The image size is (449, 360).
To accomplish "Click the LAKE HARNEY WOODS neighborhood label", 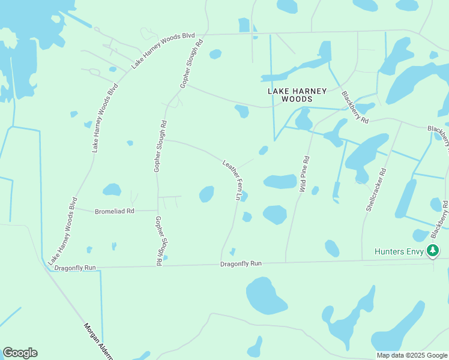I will tap(297, 95).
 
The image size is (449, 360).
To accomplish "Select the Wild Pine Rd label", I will tap(304, 174).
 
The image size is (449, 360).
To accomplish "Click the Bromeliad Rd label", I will tap(115, 211).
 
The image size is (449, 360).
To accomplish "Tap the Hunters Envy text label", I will tap(399, 251).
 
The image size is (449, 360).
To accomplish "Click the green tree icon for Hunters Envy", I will tap(433, 251).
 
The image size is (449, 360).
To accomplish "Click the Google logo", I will tap(20, 353).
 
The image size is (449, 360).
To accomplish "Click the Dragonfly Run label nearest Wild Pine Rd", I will tap(241, 263).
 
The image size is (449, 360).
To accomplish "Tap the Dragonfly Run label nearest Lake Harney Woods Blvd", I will tap(74, 267).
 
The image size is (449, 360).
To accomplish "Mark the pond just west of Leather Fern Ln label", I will tap(206, 194).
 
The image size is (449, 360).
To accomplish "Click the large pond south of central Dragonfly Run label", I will tap(267, 295).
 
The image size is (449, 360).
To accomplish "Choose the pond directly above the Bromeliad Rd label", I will tap(112, 190).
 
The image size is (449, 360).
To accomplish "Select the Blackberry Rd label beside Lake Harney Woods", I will tap(354, 107).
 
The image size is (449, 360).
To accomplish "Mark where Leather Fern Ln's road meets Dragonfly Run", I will tap(221, 263).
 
